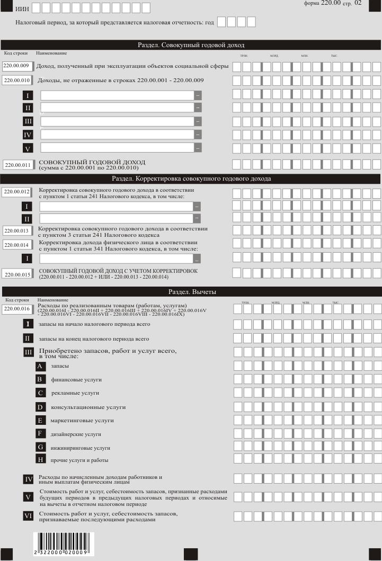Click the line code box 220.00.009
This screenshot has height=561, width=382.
point(17,66)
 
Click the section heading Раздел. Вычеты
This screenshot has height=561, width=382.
point(192,291)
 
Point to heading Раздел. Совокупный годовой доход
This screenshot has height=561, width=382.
point(192,45)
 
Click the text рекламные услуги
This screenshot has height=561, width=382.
point(75,393)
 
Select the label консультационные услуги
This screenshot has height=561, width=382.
point(88,407)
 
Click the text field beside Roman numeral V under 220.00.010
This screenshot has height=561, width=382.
point(117,147)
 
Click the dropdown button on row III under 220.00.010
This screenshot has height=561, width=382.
point(198,121)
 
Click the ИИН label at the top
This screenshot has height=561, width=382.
point(22,9)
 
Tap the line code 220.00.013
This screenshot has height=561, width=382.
point(17,231)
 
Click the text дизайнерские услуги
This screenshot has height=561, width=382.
point(76,434)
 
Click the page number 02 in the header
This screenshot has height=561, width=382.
point(358,3)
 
